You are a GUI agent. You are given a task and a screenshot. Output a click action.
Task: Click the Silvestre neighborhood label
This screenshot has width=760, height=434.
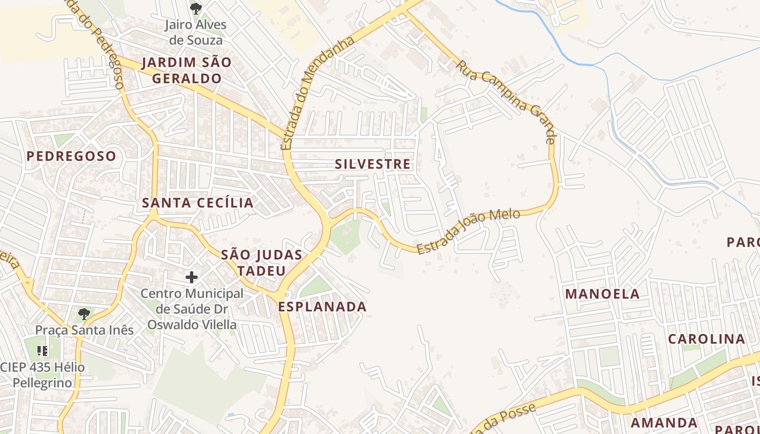(x=372, y=164)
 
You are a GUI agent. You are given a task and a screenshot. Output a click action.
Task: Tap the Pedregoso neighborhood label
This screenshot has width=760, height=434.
(x=71, y=156)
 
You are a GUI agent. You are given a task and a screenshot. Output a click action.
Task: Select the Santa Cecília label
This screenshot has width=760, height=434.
(x=198, y=203)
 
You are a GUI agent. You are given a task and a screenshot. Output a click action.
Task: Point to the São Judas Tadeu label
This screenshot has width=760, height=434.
(x=261, y=263)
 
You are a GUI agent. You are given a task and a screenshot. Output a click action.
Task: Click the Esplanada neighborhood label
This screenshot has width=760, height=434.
(x=322, y=307)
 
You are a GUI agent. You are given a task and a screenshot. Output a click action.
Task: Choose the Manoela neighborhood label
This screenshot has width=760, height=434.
(x=603, y=294)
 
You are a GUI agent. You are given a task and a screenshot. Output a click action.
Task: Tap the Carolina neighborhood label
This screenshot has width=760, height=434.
(x=706, y=339)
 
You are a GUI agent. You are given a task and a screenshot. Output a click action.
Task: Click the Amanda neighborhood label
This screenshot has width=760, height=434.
(x=664, y=423)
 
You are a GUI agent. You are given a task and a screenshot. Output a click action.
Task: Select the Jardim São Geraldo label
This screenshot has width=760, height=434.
(x=187, y=70)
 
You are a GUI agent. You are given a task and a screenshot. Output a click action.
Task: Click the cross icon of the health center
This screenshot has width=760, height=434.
(x=192, y=277)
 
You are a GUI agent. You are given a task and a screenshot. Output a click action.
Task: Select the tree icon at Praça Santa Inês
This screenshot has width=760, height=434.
(x=84, y=314)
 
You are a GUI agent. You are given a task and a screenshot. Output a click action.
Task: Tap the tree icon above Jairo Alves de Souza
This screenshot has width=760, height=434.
(x=195, y=9)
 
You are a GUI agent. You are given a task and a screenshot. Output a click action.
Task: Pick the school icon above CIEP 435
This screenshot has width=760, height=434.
(x=42, y=351)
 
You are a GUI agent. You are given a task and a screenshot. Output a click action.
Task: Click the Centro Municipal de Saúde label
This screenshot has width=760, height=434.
(x=192, y=309)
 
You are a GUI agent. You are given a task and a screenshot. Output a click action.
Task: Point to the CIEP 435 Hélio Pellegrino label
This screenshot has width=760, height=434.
(x=42, y=375)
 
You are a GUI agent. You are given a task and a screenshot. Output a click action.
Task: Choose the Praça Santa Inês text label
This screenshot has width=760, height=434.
(x=84, y=330)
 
